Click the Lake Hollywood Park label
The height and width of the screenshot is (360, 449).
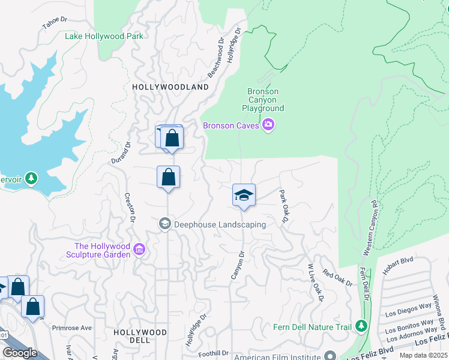pyautogui.click(x=104, y=36)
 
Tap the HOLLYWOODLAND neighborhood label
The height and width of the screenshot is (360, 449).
pyautogui.click(x=170, y=87)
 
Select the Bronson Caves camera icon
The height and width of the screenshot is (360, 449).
pyautogui.click(x=268, y=125)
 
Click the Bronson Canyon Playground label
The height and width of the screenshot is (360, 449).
pyautogui.click(x=263, y=100)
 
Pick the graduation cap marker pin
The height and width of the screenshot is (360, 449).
pyautogui.click(x=244, y=196)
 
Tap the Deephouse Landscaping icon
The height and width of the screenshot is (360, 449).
pyautogui.click(x=165, y=224)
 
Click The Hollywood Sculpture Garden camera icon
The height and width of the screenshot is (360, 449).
pyautogui.click(x=139, y=248)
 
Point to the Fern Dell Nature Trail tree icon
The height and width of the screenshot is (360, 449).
pyautogui.click(x=361, y=326)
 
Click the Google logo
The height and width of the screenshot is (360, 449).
pyautogui.click(x=20, y=352)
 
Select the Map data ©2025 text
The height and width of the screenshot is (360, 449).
pyautogui.click(x=423, y=355)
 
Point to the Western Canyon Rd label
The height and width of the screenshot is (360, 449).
pyautogui.click(x=369, y=227)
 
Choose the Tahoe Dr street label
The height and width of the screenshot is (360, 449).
pyautogui.click(x=53, y=23)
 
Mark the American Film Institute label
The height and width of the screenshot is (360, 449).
pyautogui.click(x=279, y=356)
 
